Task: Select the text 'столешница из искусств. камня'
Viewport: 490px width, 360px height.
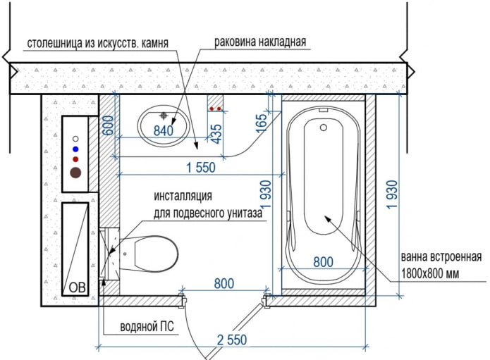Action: [98, 43]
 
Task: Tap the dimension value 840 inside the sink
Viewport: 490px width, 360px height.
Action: [163, 130]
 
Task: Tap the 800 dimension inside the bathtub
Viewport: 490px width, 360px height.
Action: [323, 262]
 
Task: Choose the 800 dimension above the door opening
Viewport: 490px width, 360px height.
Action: [223, 284]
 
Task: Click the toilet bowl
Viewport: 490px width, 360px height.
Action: [149, 253]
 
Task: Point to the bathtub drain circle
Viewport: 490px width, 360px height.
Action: [324, 128]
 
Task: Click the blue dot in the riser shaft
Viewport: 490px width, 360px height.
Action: [75, 149]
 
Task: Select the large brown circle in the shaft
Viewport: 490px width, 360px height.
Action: [75, 171]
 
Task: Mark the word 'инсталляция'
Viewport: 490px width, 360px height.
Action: [183, 196]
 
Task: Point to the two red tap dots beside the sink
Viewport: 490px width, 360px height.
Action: [216, 109]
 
